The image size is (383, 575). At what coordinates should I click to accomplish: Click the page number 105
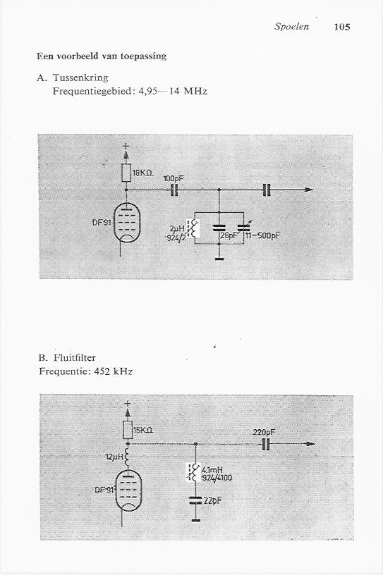[x=342, y=27]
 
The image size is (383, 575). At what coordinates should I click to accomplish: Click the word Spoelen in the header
[x=291, y=26]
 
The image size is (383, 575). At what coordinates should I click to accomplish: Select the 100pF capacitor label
[x=174, y=178]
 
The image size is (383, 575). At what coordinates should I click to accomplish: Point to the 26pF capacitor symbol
[x=219, y=228]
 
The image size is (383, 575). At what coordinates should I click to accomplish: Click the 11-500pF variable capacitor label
[x=262, y=235]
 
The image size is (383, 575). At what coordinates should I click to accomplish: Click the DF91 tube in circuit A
[x=126, y=223]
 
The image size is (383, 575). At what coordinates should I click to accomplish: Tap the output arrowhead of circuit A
[x=308, y=190]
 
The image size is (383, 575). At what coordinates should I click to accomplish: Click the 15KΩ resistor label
[x=143, y=431]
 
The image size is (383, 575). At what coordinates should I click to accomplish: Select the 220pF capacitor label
[x=265, y=433]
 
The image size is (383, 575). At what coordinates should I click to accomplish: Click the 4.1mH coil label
[x=212, y=470]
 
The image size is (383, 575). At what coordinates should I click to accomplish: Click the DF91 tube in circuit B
[x=128, y=490]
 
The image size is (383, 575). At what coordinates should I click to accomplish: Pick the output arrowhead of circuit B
[x=310, y=444]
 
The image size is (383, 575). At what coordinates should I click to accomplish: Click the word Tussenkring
[x=80, y=78]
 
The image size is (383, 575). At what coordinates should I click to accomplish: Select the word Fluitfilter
[x=75, y=358]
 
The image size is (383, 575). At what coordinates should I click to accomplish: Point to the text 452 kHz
[x=113, y=371]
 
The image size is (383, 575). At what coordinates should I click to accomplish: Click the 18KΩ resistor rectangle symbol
[x=126, y=173]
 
